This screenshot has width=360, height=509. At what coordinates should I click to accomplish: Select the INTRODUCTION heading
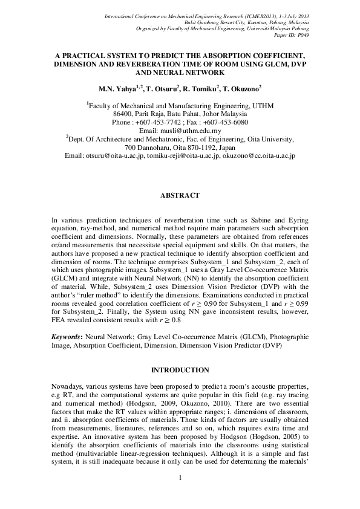coord(180,369)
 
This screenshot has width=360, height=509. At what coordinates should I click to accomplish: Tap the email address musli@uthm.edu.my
coord(180,131)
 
